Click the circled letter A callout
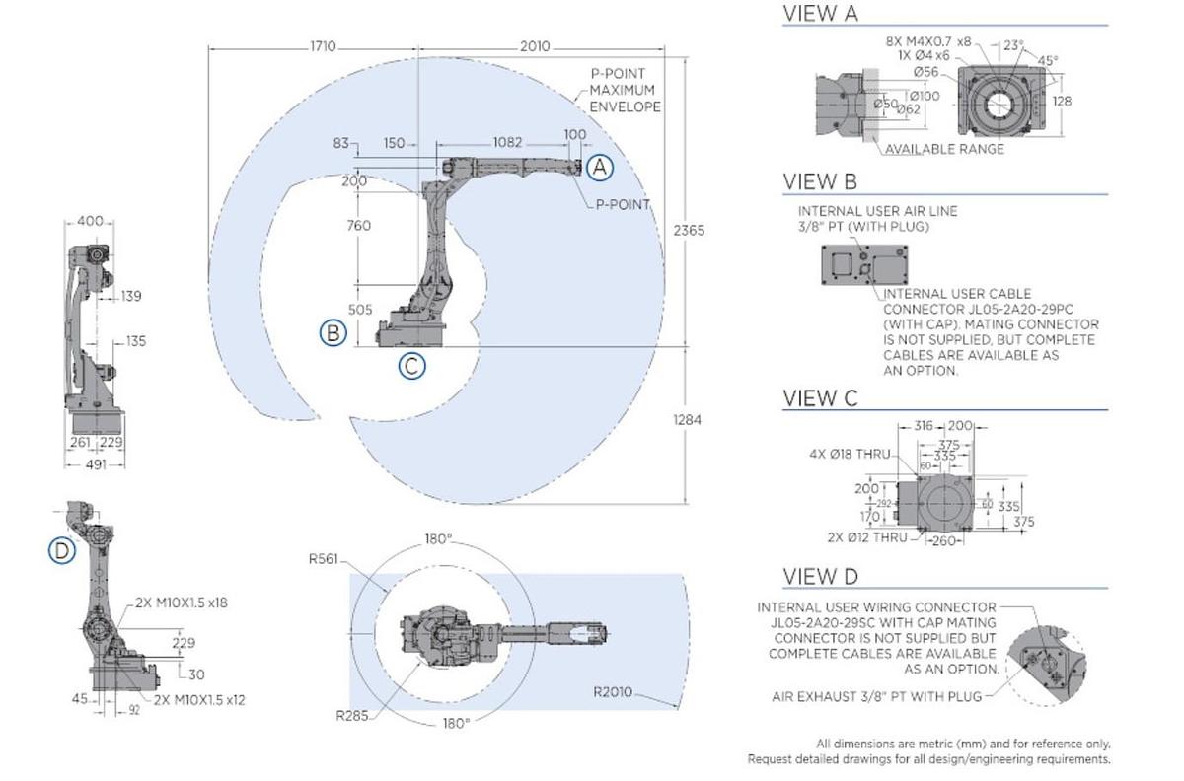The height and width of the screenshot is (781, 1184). tap(600, 168)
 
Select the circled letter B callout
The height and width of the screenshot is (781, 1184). tap(333, 333)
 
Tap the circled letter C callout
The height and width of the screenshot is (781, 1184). tap(412, 366)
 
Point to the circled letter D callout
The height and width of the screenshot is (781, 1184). tap(62, 550)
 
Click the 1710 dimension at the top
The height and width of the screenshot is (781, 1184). tap(323, 46)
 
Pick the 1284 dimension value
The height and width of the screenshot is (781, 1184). tap(687, 420)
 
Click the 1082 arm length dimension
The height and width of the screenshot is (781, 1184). tap(507, 143)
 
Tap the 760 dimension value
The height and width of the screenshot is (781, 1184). tap(358, 226)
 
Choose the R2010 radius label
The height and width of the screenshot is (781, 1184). tap(613, 691)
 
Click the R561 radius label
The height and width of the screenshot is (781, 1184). tap(323, 559)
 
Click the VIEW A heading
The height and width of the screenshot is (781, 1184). tap(820, 14)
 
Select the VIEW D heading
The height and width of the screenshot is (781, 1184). tap(821, 576)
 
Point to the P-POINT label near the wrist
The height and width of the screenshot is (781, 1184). tap(622, 205)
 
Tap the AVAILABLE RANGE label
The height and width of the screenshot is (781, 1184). tap(944, 149)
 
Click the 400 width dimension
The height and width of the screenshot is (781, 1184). tap(90, 222)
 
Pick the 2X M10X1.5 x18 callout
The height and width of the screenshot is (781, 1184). tap(182, 603)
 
